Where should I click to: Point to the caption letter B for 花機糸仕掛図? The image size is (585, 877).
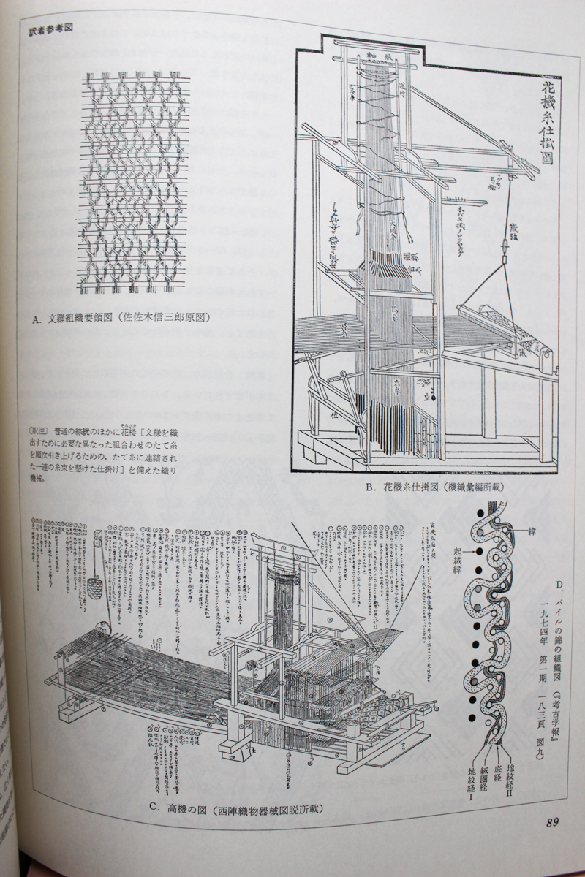coord(371,485)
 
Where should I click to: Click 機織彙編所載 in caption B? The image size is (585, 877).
coord(466,485)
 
